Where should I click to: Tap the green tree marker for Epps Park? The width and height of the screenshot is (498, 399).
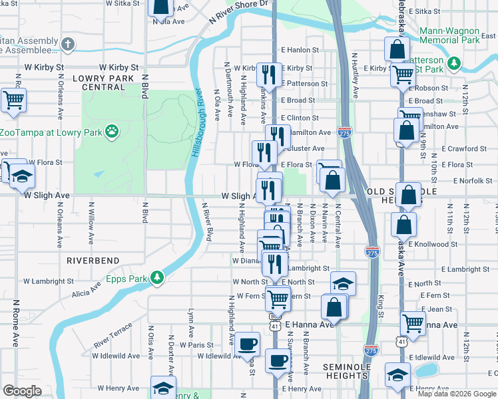[157, 277]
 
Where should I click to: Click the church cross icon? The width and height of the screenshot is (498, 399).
[67, 45]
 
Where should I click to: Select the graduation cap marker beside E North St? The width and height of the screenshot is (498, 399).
[343, 283]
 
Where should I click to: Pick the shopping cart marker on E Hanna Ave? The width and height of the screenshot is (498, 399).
[413, 323]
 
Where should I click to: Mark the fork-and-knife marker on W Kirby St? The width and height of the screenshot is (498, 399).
[270, 74]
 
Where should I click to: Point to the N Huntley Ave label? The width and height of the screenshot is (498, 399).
[356, 75]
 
